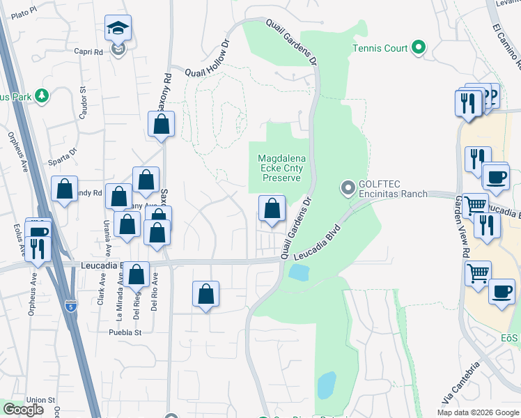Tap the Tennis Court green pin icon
point(418,48)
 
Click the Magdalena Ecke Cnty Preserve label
point(281,168)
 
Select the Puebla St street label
point(125,332)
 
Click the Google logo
point(23,410)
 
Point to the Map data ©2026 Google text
point(477,412)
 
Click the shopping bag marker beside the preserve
point(272,208)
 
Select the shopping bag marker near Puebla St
point(206,295)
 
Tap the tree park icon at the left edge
point(42,96)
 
